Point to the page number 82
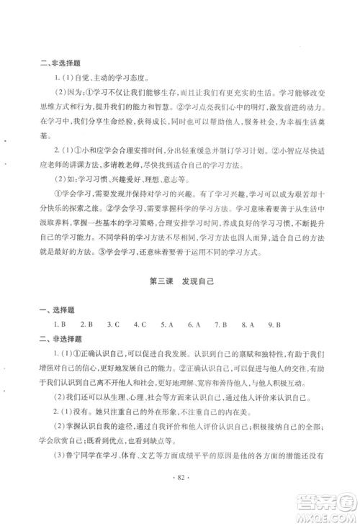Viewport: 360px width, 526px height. coord(180,496)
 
